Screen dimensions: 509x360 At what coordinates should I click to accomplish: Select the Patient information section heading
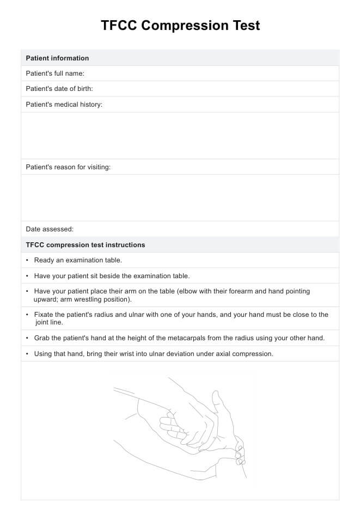[57, 58]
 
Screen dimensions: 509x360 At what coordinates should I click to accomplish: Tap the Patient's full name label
[55, 73]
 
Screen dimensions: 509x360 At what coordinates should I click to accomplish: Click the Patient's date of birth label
[59, 89]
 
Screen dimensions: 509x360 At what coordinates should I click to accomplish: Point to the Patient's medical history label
[64, 105]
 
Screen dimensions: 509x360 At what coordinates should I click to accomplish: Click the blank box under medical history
[180, 136]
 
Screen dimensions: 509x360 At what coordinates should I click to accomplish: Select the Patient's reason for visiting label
[68, 167]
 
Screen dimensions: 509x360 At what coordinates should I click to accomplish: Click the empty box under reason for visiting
[180, 198]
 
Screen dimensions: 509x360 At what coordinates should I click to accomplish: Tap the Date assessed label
[50, 229]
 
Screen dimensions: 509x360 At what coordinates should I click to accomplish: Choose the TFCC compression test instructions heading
[86, 245]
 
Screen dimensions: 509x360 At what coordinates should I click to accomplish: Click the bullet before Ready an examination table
[27, 260]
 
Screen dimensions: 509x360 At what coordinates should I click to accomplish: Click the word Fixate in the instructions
[44, 315]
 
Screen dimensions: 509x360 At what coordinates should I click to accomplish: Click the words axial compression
[245, 354]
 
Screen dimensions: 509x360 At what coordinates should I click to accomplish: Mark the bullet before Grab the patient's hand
[27, 338]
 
